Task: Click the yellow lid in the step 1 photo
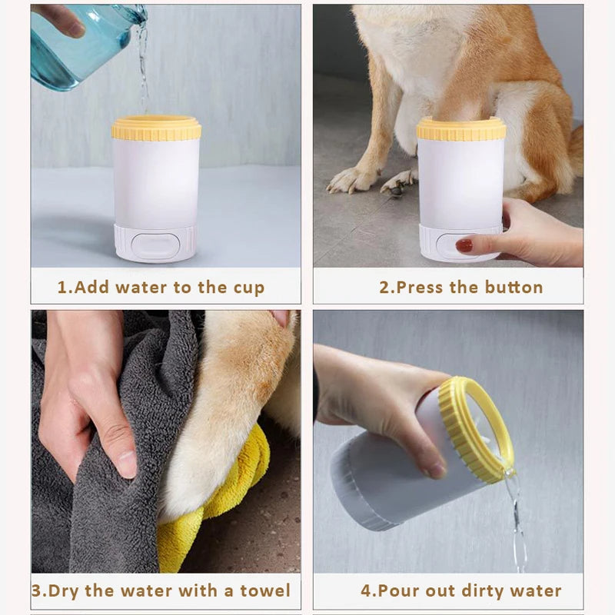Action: pos(156,128)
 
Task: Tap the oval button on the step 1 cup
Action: pos(155,245)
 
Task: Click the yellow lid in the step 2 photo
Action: pos(461,128)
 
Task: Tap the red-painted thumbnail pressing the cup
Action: pos(464,245)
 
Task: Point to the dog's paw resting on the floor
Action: pos(350,181)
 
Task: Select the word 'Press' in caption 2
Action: pos(420,288)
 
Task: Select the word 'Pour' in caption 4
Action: pos(401,591)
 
